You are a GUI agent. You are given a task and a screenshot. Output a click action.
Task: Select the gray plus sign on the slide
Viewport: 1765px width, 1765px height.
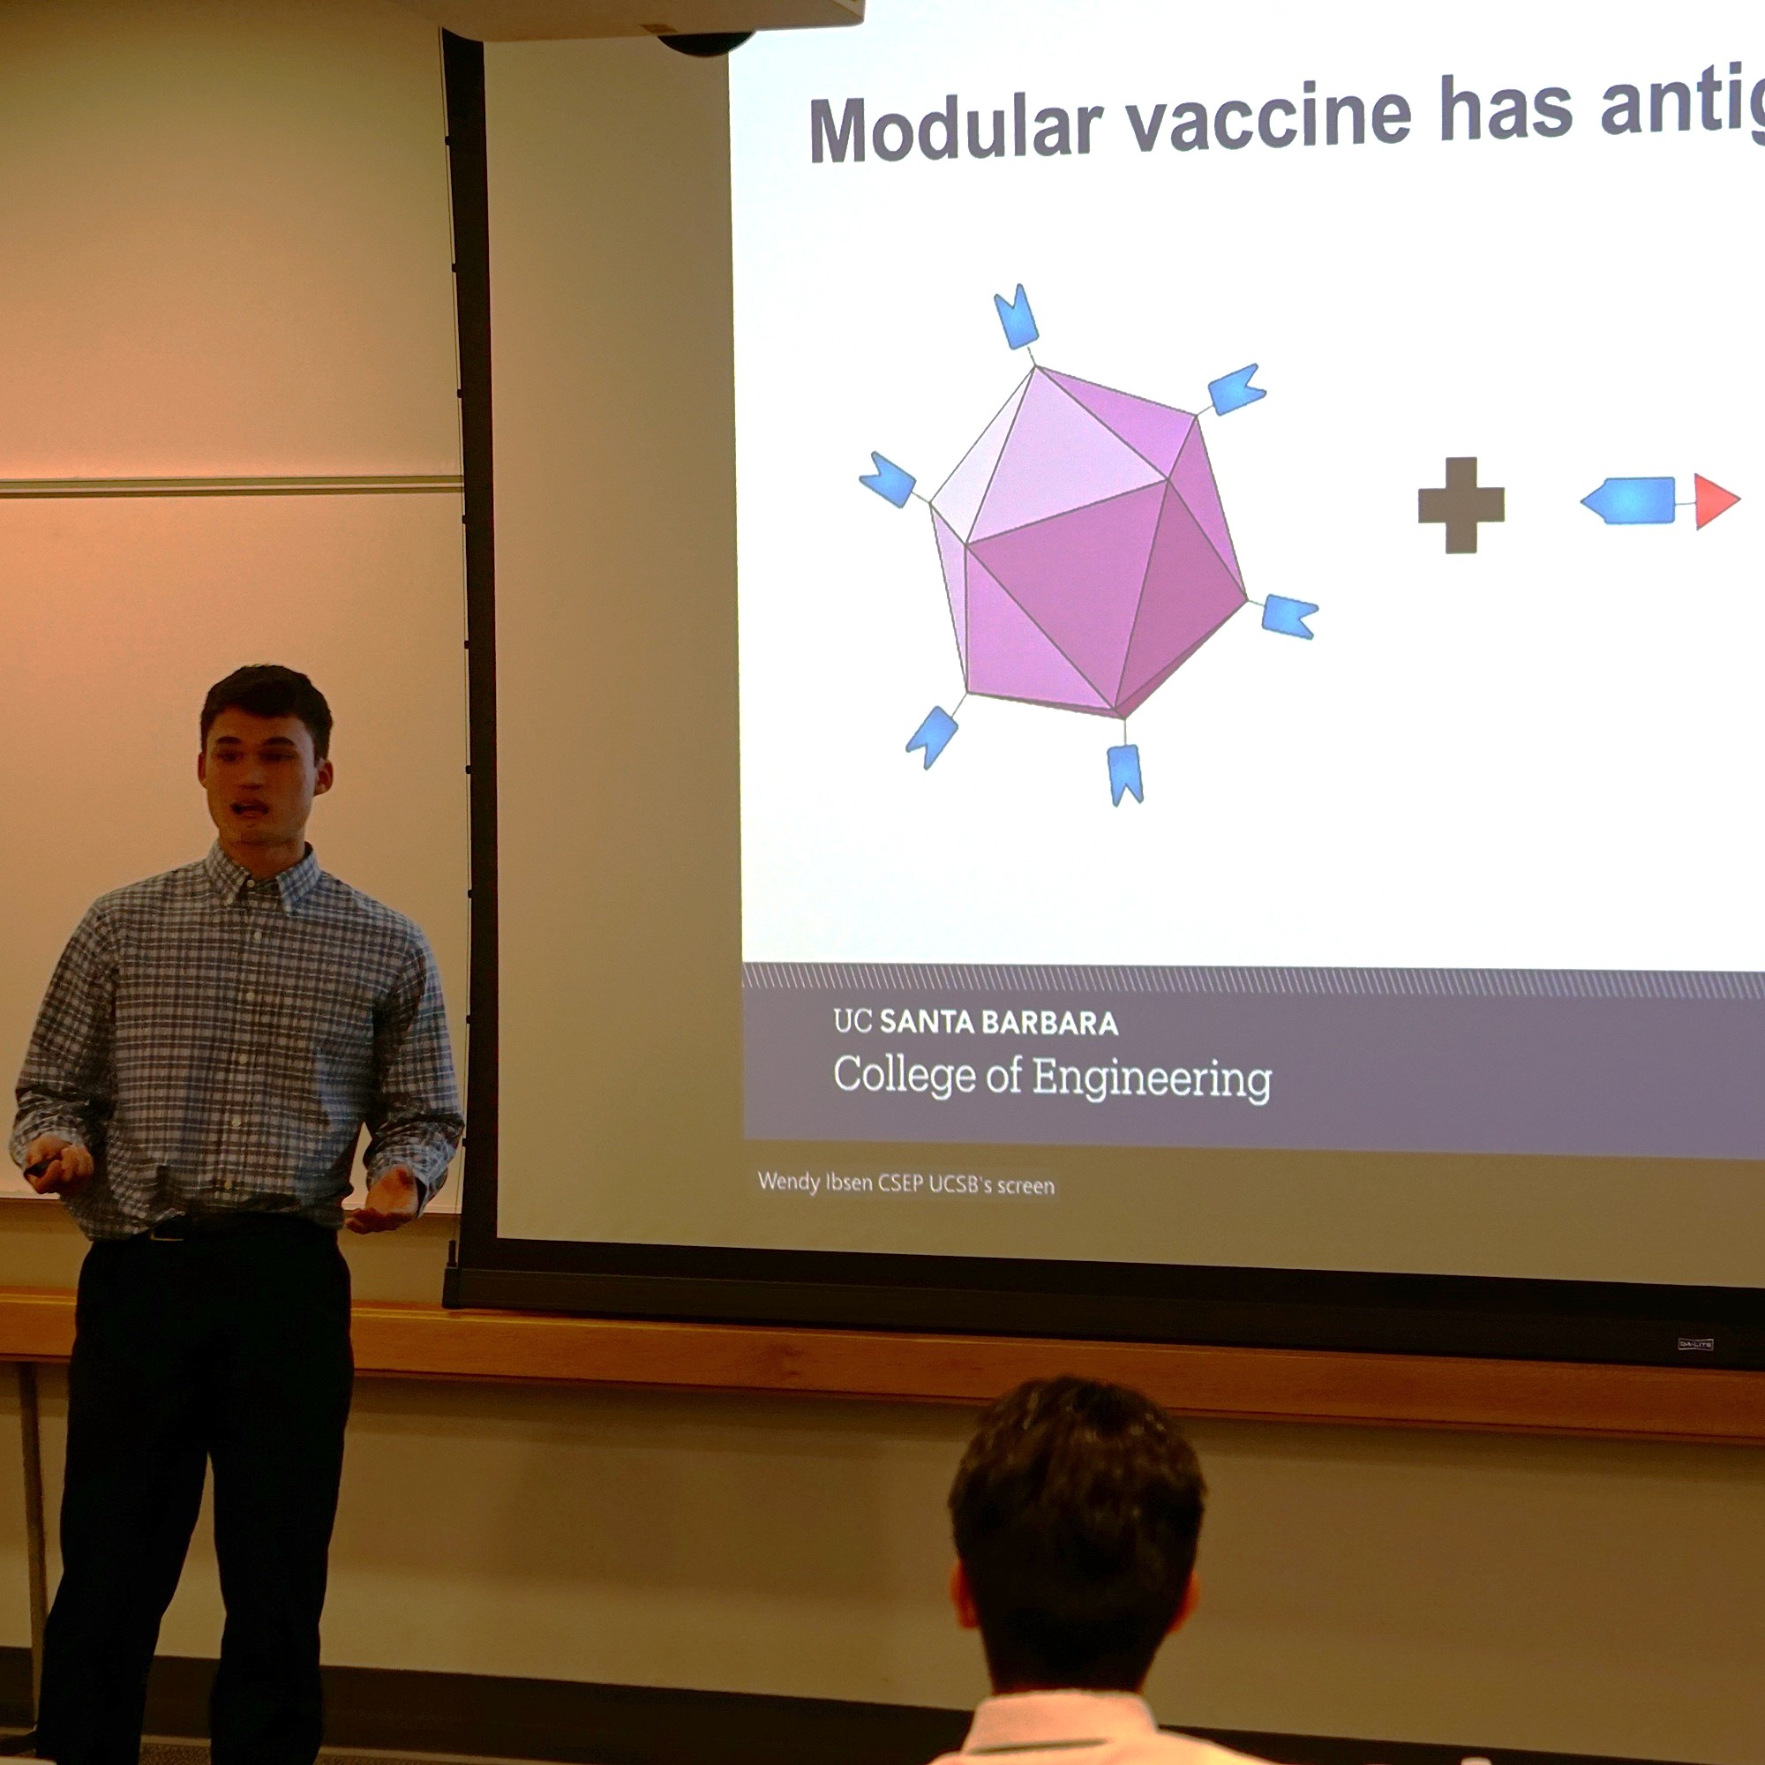1461,505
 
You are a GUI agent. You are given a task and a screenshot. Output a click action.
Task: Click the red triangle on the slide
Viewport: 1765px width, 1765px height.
1713,500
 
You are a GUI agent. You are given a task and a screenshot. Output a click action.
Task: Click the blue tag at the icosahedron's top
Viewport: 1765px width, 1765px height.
1016,317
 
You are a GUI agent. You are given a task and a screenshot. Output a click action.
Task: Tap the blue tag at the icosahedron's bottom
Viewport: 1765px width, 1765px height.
1124,773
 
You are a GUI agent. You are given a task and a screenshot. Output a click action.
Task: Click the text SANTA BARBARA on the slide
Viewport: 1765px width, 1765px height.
998,1023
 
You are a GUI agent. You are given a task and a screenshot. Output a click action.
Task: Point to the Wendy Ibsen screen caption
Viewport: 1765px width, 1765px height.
905,1184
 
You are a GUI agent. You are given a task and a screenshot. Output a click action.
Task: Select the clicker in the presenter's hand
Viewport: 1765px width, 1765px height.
41,1167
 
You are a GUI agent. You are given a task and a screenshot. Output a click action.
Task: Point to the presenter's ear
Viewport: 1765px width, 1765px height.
321,777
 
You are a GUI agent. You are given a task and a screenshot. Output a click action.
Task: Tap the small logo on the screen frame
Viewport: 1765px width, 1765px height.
1694,1345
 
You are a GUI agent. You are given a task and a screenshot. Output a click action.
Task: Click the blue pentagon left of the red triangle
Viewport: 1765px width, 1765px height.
1629,500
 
